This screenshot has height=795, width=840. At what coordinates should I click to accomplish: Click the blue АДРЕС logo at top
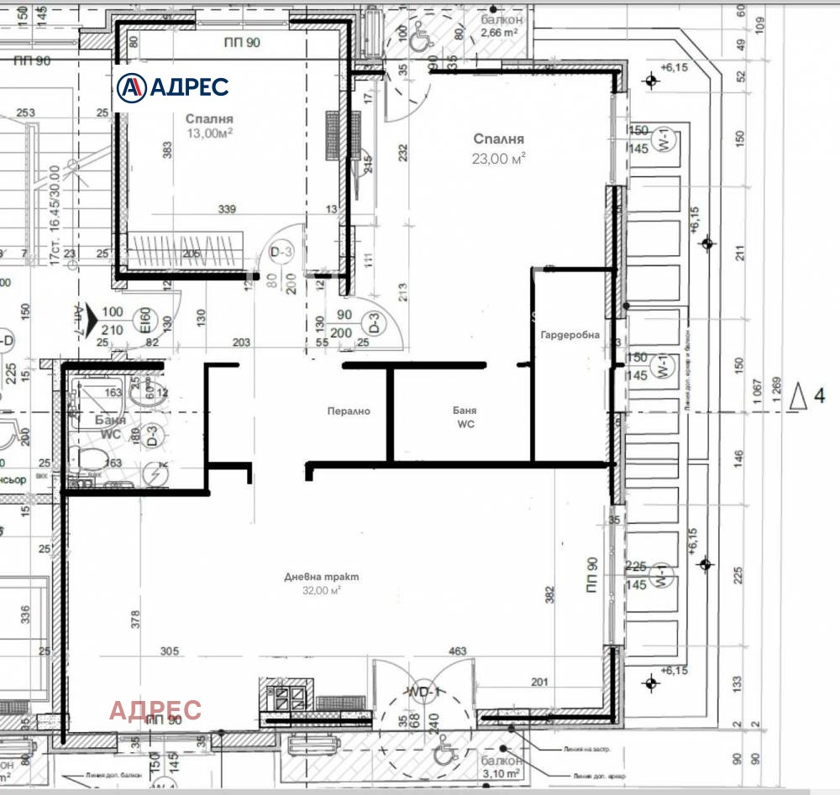coord(172,86)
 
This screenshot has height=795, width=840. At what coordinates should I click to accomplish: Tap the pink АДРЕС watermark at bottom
coord(155,710)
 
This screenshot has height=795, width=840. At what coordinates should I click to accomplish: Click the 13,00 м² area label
coord(209,133)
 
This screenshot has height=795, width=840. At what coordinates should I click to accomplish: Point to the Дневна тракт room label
coord(322,577)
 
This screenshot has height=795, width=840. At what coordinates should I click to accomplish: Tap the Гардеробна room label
coord(570,335)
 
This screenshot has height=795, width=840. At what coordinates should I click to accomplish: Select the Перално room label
coord(349,411)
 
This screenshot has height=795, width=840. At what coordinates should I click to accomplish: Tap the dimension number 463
coord(458,651)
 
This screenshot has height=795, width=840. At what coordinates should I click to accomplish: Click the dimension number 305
coord(170,651)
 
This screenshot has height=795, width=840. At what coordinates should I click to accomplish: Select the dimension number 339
coord(226,209)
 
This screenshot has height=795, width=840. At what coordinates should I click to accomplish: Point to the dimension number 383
coord(168,149)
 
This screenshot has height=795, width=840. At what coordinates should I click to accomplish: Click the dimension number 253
coord(25,112)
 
